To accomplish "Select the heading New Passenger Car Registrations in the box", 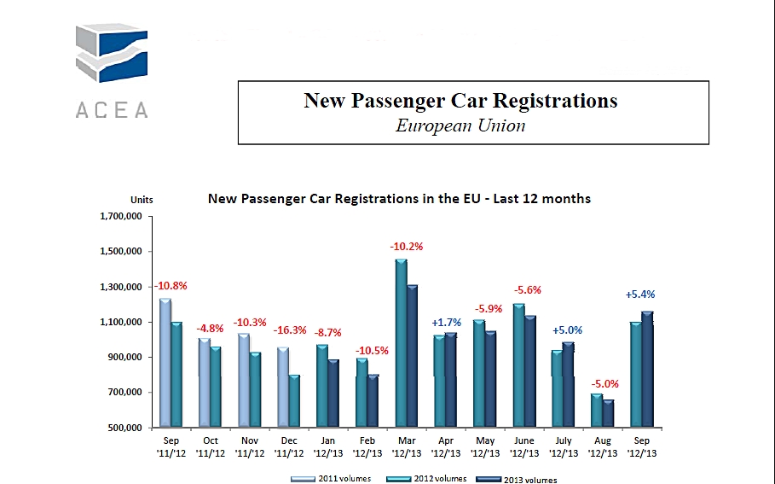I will [460, 101].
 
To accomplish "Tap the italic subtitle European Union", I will [460, 125].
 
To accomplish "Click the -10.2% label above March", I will [407, 247].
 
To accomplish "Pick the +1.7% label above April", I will [446, 323].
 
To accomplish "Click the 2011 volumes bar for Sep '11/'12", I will [165, 363].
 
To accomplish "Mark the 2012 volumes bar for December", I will [294, 401].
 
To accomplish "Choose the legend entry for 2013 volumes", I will [523, 479].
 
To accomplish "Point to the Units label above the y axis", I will [142, 199].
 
